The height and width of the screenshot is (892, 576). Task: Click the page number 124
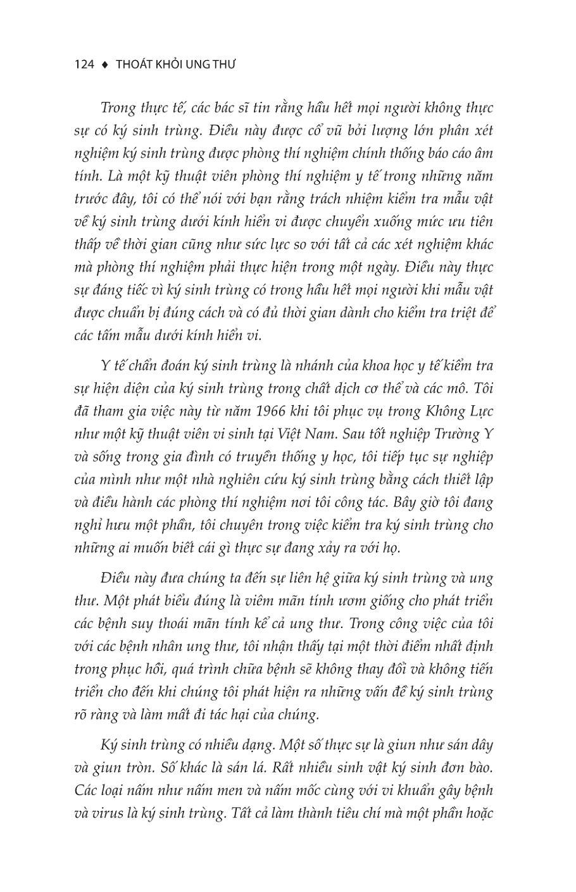click(x=84, y=64)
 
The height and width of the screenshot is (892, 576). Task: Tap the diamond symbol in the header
click(x=105, y=64)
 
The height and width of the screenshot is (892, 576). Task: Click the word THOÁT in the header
click(x=135, y=64)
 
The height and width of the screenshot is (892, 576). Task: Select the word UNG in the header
click(x=198, y=64)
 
